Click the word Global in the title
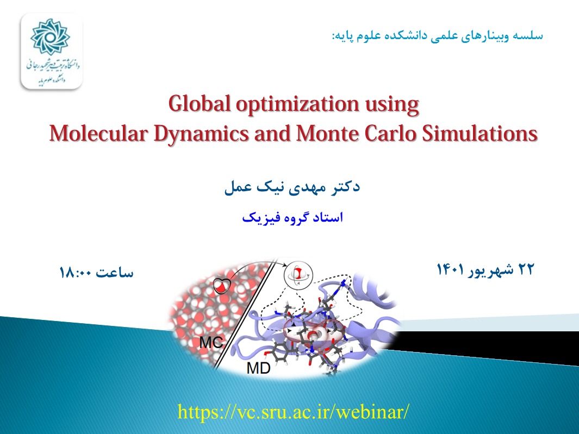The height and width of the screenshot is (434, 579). (200, 104)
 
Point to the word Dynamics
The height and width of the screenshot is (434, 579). (201, 134)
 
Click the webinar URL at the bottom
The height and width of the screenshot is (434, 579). (293, 411)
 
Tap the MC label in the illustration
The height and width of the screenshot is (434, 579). (211, 343)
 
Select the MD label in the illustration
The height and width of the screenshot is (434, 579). (258, 368)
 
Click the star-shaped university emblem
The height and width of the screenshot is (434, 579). (50, 37)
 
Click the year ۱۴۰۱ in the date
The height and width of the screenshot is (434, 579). (450, 269)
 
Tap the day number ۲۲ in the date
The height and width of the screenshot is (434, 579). (526, 269)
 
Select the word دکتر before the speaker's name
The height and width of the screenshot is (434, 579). (344, 187)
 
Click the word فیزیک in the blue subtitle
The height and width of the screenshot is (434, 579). (256, 217)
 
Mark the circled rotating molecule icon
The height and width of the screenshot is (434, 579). (298, 275)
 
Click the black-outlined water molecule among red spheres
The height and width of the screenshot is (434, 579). (222, 286)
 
